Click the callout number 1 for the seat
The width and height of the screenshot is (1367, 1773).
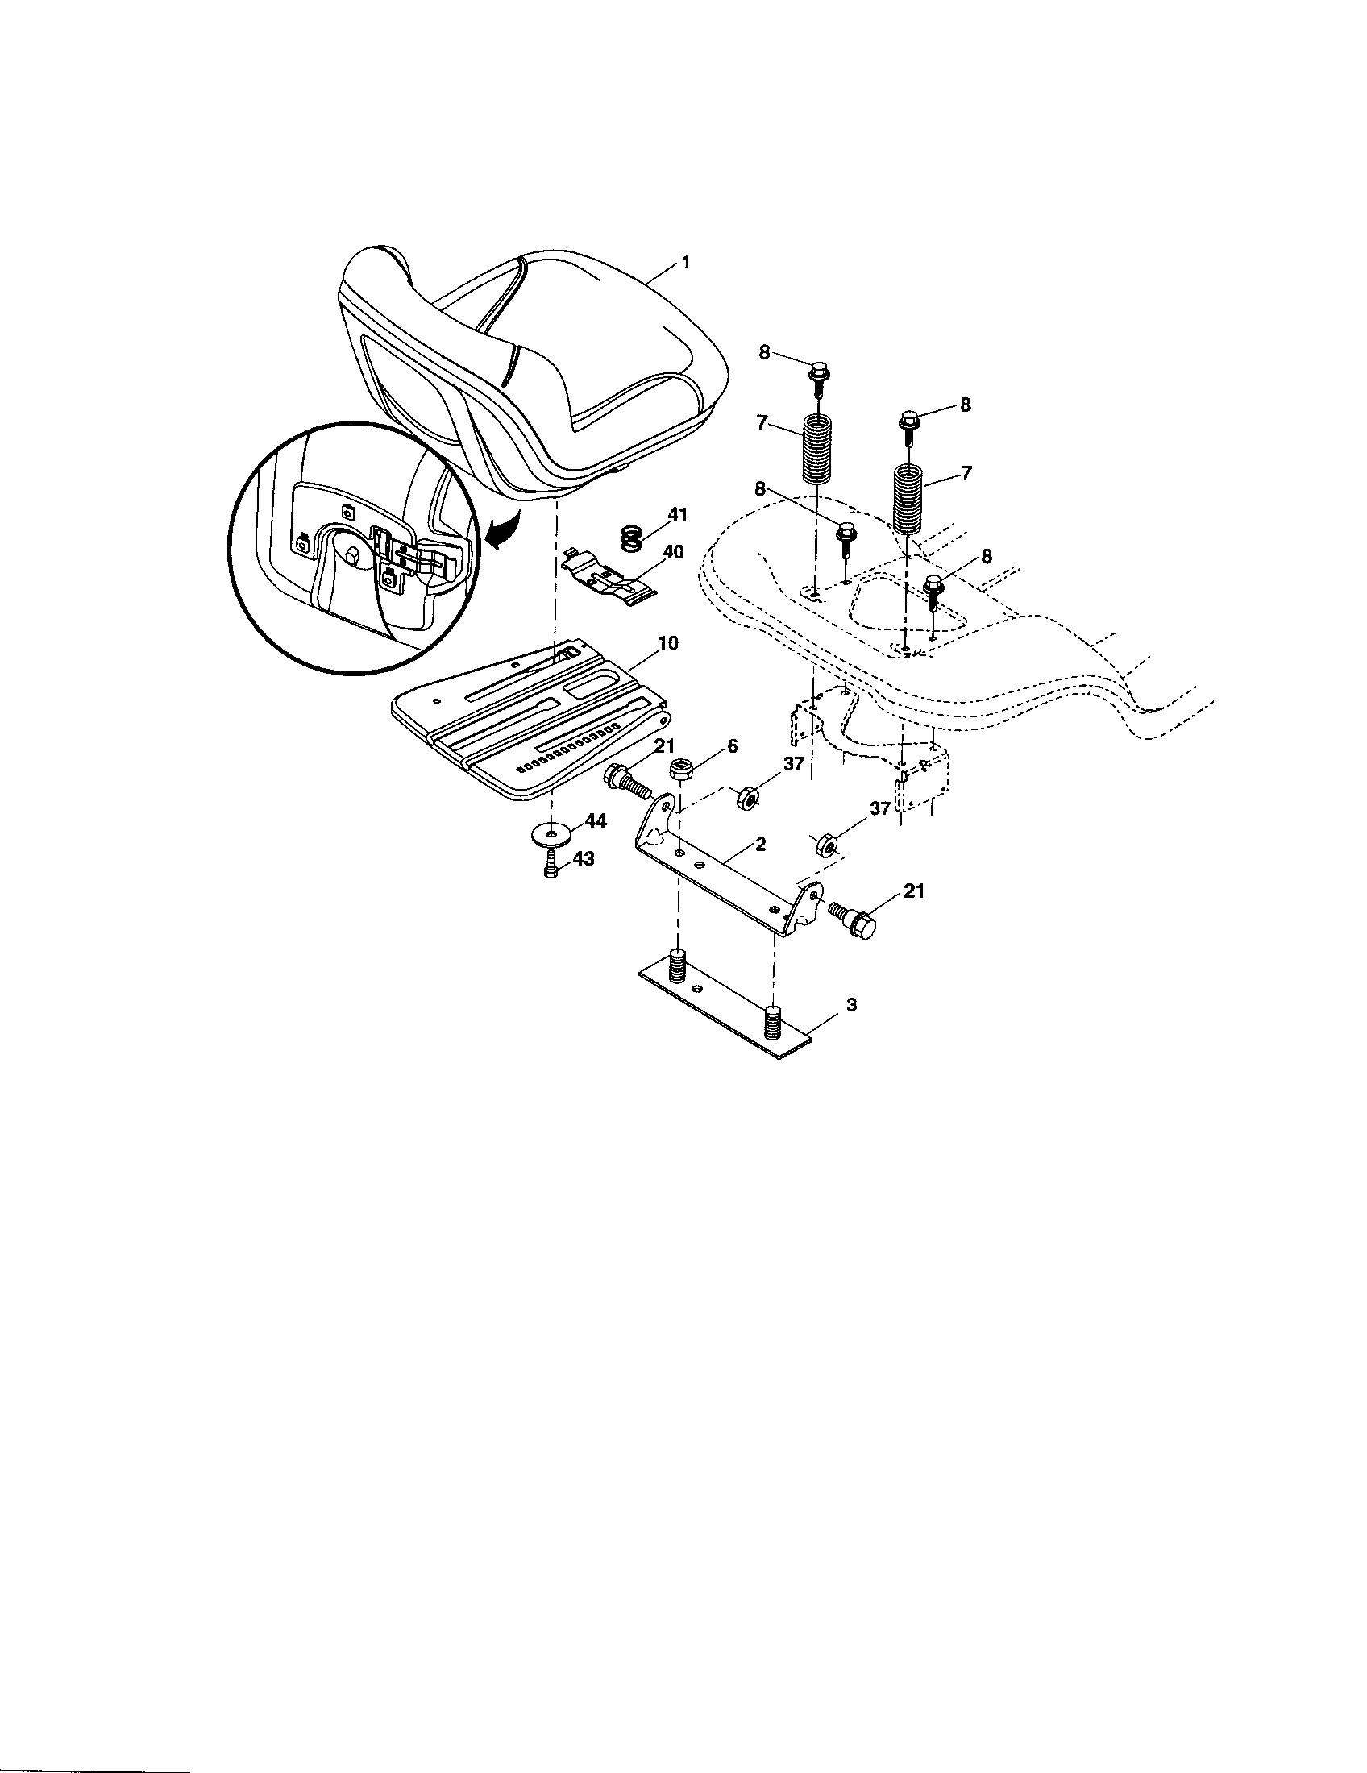point(687,263)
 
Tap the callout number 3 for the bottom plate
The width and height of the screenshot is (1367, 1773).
point(850,1004)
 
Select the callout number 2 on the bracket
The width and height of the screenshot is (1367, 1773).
point(760,845)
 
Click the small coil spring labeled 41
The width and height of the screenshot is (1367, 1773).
point(632,537)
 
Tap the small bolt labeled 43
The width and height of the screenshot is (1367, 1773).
point(551,866)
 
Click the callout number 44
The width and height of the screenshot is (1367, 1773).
point(595,821)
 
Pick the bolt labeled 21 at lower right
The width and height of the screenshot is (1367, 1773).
point(852,920)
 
